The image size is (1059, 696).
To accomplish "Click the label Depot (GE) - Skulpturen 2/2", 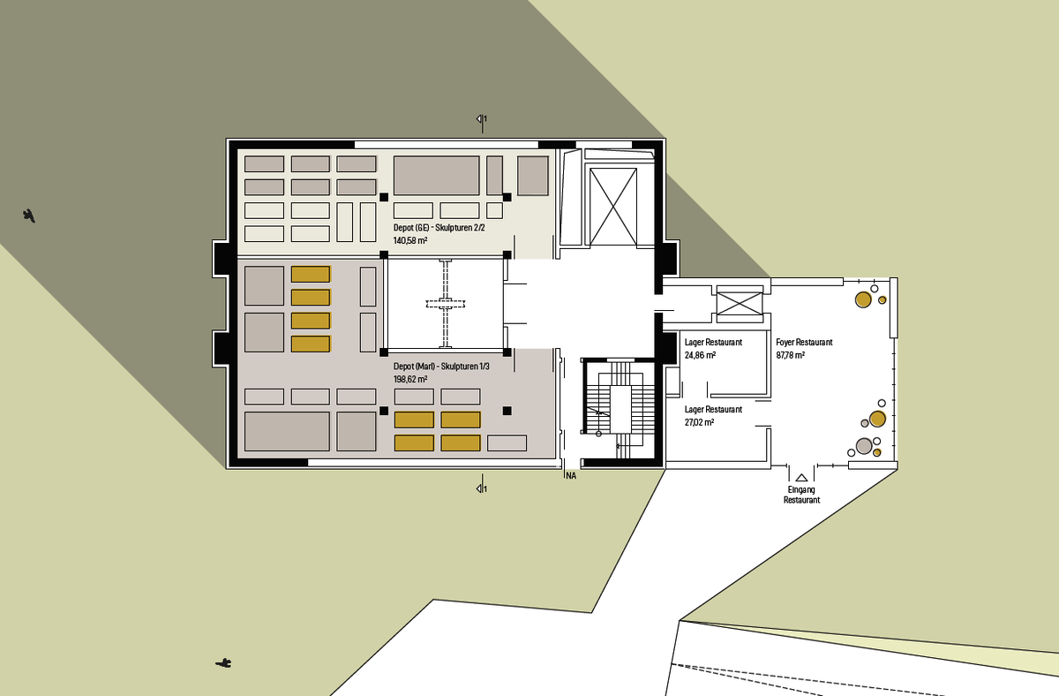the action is pyautogui.click(x=439, y=228).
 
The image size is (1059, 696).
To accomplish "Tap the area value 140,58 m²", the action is pyautogui.click(x=410, y=240).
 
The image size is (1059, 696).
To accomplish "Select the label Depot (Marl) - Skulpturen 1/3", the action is pyautogui.click(x=441, y=367).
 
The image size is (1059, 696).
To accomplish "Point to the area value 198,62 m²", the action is pyautogui.click(x=410, y=379).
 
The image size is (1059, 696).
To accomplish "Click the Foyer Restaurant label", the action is pyautogui.click(x=804, y=342).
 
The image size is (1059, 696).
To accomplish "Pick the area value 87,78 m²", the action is pyautogui.click(x=791, y=355).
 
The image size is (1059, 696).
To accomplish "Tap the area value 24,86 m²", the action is pyautogui.click(x=700, y=355).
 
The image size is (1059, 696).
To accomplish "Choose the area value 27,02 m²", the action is pyautogui.click(x=699, y=422).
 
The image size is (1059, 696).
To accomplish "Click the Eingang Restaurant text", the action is pyautogui.click(x=802, y=495).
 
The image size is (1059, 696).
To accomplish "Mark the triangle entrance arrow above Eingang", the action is pyautogui.click(x=801, y=478).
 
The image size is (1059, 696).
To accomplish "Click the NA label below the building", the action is pyautogui.click(x=571, y=476).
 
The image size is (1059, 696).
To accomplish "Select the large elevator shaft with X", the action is pyautogui.click(x=613, y=207).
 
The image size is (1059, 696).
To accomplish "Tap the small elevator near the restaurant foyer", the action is pyautogui.click(x=740, y=304).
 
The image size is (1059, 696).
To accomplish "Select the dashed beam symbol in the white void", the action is pyautogui.click(x=446, y=304).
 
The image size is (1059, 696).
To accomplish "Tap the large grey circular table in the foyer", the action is pyautogui.click(x=864, y=446).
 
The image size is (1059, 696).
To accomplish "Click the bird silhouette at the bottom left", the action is pyautogui.click(x=223, y=663).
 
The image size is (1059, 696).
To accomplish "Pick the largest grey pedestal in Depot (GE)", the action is pyautogui.click(x=436, y=176).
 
